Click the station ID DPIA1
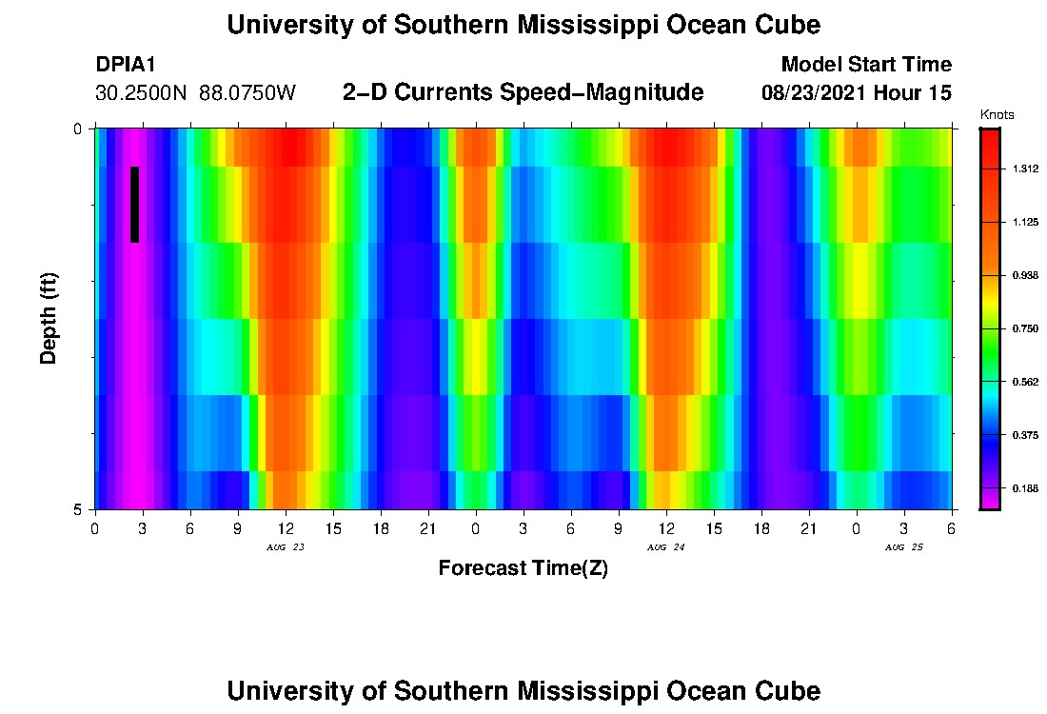126,65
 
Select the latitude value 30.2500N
143,93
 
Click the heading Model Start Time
865,65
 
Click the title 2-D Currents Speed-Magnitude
523,92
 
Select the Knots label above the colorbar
997,115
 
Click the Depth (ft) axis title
49,318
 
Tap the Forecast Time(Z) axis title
523,568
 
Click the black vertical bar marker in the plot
135,205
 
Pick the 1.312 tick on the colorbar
1025,169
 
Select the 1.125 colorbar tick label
1025,222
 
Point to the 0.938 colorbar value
1025,275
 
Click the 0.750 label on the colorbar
1025,328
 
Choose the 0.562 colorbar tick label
1025,382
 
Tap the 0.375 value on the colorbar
1025,435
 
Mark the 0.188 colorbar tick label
1025,488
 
